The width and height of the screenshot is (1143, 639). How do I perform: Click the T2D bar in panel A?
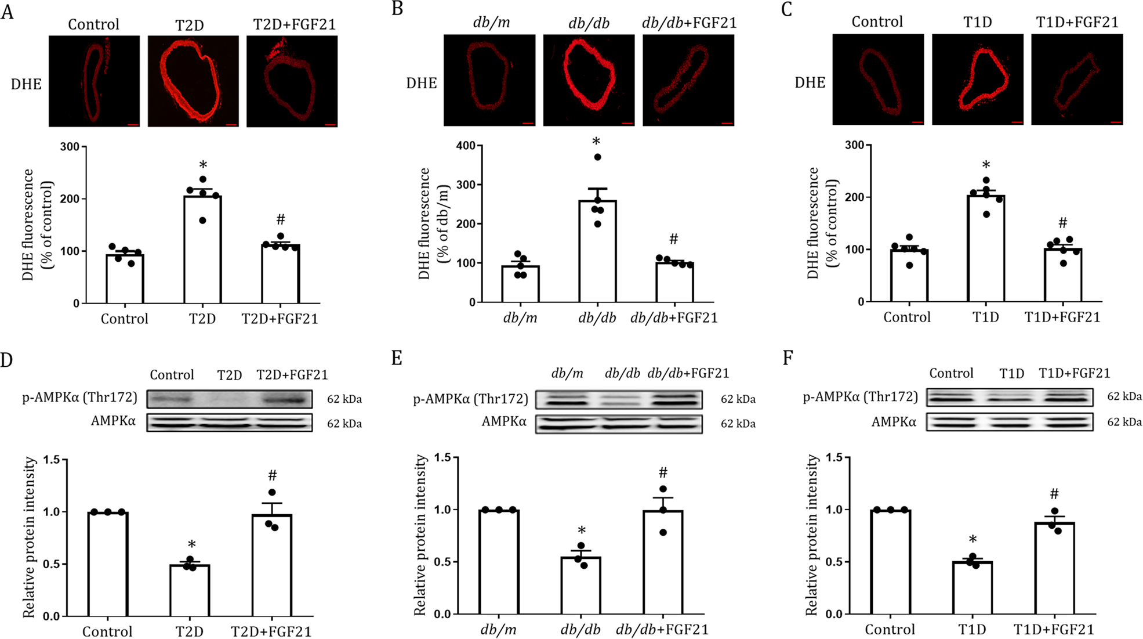[x=202, y=250]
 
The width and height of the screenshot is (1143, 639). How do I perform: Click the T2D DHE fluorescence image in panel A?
[x=193, y=81]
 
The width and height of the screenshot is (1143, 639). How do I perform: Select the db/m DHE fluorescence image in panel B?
[x=489, y=80]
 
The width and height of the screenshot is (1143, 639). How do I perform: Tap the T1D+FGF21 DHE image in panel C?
[x=1077, y=79]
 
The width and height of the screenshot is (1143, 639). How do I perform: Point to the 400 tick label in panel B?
[x=466, y=146]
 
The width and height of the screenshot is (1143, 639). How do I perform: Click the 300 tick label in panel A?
[x=70, y=146]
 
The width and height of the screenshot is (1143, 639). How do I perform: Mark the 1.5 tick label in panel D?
[x=51, y=460]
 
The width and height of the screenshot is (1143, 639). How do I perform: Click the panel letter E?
[x=397, y=358]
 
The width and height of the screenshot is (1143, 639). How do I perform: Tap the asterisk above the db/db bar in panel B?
[x=596, y=142]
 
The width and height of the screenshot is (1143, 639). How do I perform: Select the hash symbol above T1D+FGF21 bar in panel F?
[x=1054, y=494]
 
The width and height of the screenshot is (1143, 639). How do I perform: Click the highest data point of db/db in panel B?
[x=597, y=157]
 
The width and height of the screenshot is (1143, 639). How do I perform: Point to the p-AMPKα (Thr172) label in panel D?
[x=80, y=397]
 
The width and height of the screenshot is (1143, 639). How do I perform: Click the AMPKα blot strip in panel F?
[x=1010, y=421]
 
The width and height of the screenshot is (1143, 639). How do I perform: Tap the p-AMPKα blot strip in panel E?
[x=618, y=399]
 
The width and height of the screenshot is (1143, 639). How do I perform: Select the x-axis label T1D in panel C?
[x=985, y=317]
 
